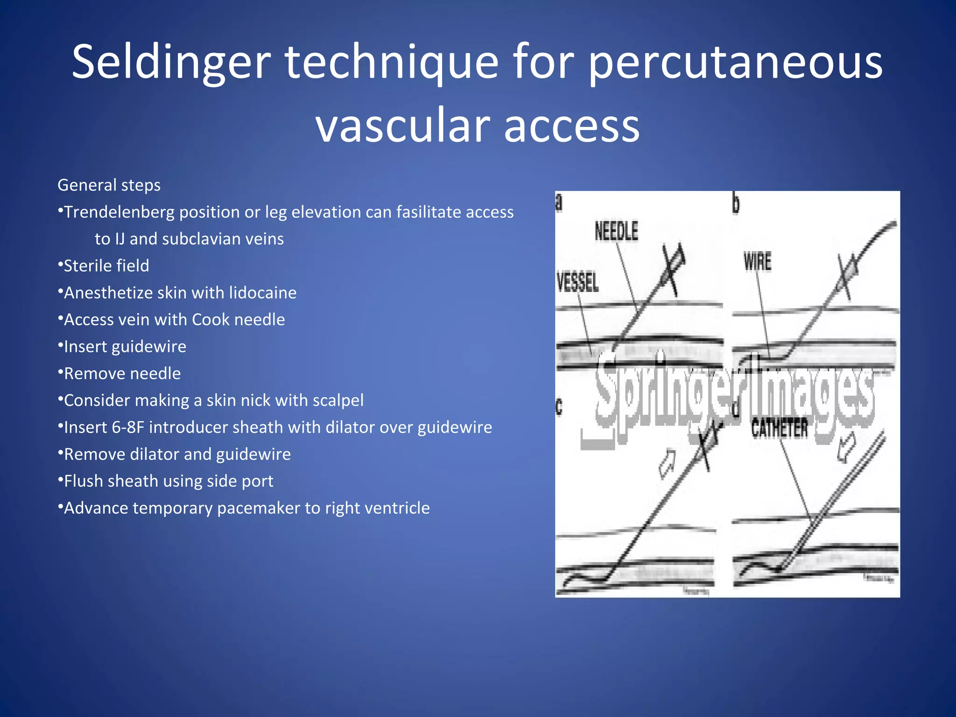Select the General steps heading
(x=109, y=185)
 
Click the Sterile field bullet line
(x=106, y=266)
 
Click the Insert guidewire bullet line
(x=125, y=347)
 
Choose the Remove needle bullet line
(x=122, y=374)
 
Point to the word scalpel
(x=338, y=401)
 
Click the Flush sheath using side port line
(x=168, y=481)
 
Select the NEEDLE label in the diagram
(x=616, y=232)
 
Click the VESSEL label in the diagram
(x=578, y=283)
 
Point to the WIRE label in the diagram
(x=757, y=261)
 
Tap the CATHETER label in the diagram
(x=779, y=429)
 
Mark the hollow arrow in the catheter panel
(x=846, y=447)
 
